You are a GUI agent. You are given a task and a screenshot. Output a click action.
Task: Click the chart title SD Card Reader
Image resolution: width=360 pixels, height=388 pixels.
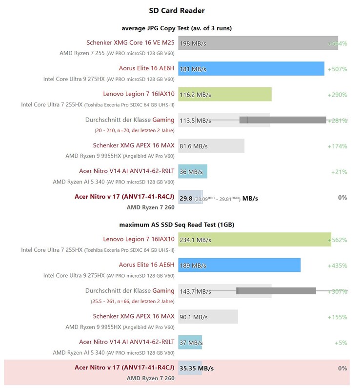(177, 10)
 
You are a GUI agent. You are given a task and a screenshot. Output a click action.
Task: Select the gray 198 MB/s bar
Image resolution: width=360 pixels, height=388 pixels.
(251, 43)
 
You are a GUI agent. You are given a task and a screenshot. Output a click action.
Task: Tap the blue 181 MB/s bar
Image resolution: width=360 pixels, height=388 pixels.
(251, 69)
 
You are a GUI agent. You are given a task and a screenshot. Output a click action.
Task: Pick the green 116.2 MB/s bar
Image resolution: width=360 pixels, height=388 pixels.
(224, 94)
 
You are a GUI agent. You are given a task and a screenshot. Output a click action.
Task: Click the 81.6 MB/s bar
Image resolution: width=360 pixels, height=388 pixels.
(211, 145)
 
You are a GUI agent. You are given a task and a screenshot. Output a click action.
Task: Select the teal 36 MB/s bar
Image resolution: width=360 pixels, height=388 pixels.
(193, 171)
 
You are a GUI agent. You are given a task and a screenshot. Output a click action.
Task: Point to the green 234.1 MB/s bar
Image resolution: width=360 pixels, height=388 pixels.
(254, 240)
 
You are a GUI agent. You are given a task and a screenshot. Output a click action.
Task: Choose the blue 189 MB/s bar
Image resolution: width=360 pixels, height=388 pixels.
(239, 265)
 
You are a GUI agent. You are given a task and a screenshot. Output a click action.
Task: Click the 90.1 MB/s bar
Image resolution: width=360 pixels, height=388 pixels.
(208, 317)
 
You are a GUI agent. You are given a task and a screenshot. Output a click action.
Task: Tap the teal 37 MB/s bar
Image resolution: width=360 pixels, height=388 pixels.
(190, 343)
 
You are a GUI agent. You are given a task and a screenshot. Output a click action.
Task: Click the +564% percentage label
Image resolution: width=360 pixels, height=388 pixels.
(337, 43)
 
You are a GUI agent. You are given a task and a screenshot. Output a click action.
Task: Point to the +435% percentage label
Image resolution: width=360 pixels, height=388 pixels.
(337, 265)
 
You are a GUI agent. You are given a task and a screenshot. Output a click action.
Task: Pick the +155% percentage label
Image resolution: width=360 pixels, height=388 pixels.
(337, 317)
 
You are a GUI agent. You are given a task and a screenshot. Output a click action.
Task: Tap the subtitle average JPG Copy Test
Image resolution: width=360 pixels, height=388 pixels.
(177, 28)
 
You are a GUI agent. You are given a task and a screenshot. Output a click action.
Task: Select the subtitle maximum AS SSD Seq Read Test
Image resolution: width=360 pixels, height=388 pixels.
(177, 225)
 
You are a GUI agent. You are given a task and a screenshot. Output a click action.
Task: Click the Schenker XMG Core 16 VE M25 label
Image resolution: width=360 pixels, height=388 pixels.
(130, 43)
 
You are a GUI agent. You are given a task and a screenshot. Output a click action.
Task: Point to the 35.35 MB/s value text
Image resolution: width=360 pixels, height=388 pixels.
(197, 368)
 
